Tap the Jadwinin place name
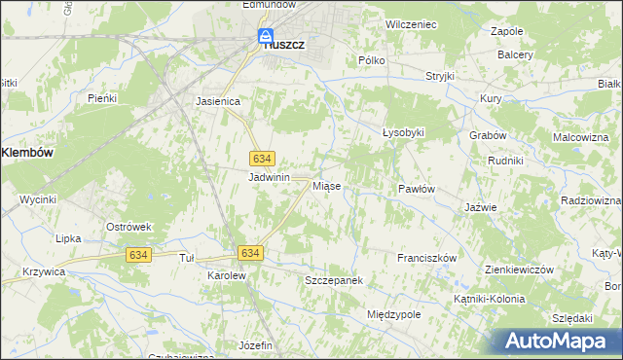pos(270,177)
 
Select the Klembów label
pos(27,153)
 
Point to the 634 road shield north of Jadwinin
pos(261,158)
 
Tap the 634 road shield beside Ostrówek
pos(137,254)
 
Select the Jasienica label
pos(218,100)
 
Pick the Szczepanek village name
pos(334,279)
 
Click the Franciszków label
pos(427,258)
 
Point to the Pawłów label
pos(416,188)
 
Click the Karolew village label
pos(227,275)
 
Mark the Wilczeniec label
pos(410,21)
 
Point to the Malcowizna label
pos(580,137)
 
